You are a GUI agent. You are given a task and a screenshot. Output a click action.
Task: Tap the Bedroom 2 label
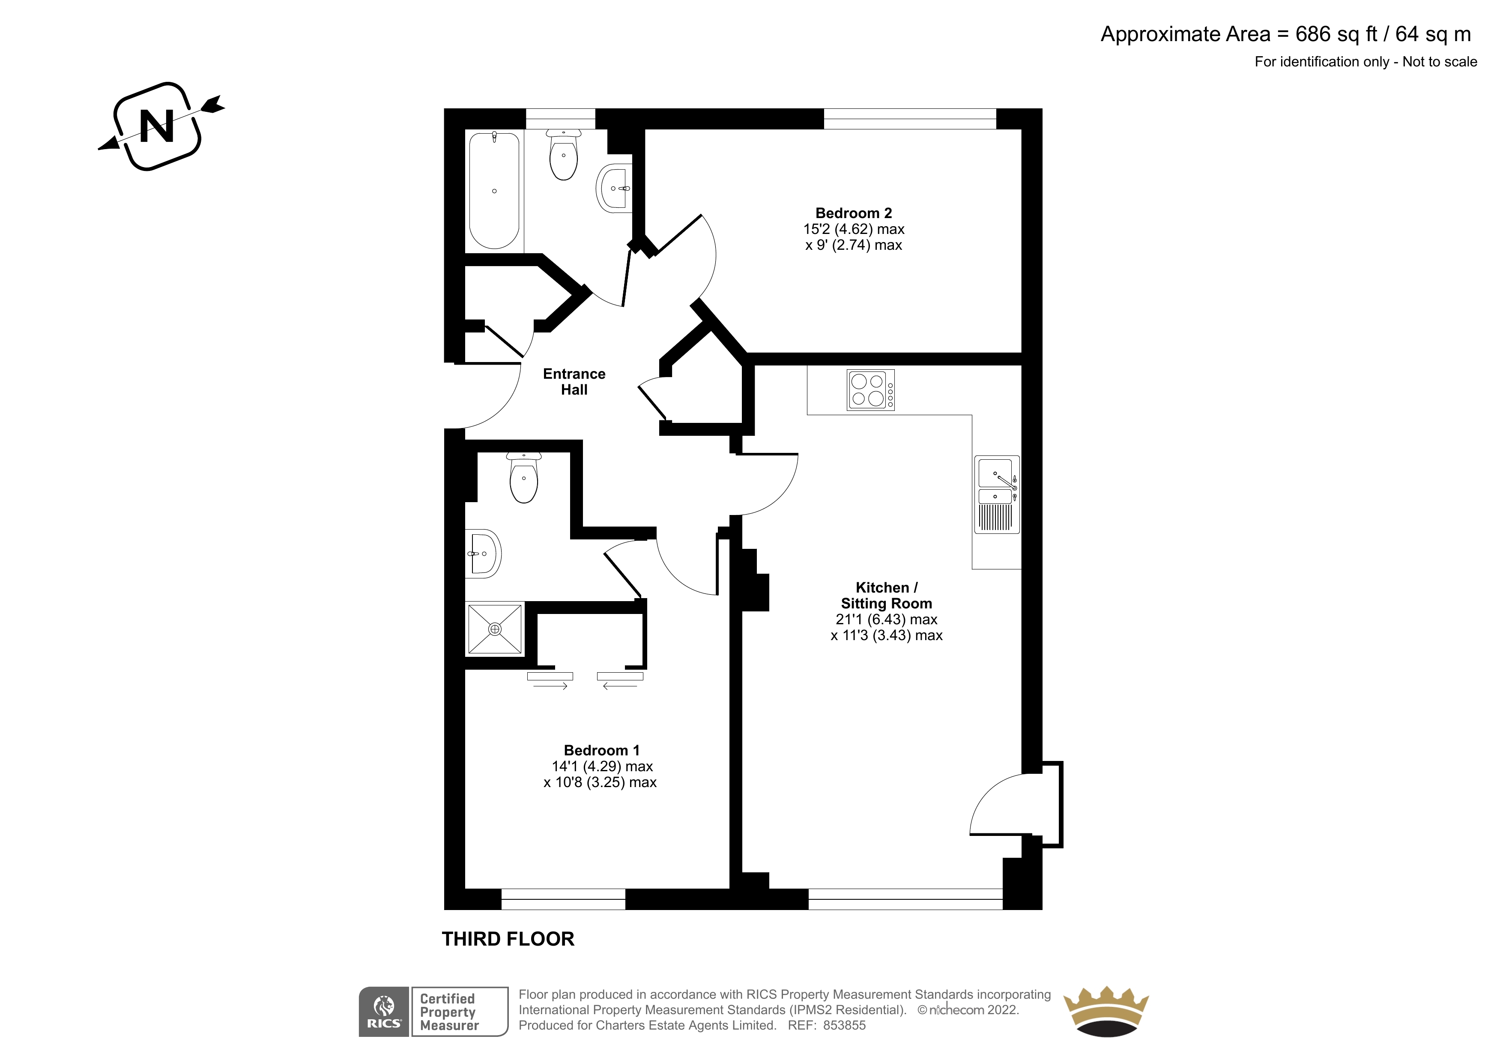854,213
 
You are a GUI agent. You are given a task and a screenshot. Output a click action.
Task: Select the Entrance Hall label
574,382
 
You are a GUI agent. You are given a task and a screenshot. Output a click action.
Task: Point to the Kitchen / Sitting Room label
886,596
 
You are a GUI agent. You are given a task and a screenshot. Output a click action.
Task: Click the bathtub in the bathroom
494,190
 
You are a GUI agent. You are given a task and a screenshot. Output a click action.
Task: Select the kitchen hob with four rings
871,390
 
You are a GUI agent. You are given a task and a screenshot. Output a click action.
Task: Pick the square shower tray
495,629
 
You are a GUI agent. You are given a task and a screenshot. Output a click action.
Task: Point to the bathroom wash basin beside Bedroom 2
615,188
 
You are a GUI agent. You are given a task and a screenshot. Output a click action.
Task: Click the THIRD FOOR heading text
508,939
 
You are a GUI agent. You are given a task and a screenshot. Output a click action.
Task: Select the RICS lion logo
384,1012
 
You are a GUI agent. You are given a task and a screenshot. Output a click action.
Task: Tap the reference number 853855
845,1026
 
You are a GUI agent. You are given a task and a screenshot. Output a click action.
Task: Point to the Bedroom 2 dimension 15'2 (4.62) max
854,229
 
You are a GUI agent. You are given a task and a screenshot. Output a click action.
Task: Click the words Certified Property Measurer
449,1012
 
